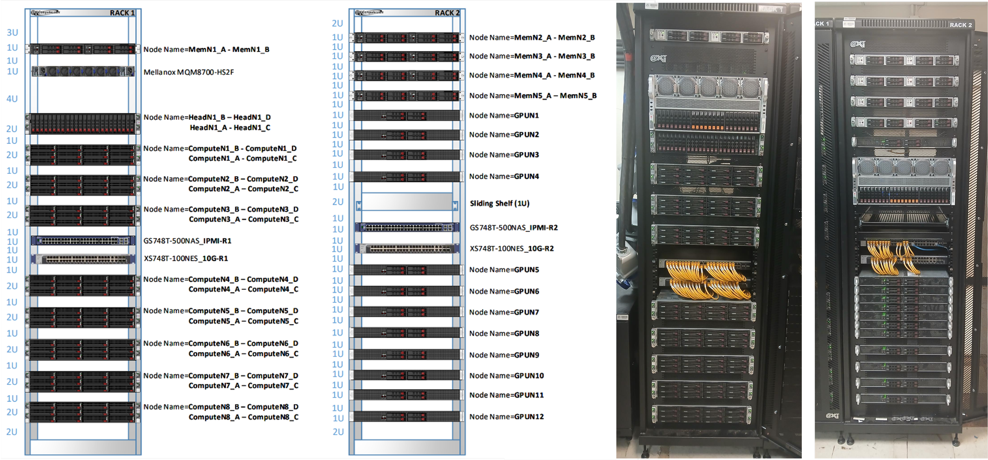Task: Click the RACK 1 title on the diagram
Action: point(122,13)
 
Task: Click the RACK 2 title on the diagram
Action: point(447,13)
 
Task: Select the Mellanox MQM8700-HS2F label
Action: point(189,72)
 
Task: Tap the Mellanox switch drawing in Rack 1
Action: point(83,72)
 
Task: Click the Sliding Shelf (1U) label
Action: point(500,204)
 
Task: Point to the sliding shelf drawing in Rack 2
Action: point(407,202)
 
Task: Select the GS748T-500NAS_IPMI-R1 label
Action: point(187,241)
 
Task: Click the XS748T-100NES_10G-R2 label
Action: point(511,249)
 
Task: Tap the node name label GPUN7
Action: point(504,312)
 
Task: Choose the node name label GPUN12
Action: point(506,417)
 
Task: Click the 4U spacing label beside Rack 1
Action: point(12,99)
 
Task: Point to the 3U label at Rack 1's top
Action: point(12,32)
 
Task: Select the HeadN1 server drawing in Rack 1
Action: point(83,124)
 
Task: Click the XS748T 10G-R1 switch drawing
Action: point(83,259)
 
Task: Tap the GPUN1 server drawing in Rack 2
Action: point(407,116)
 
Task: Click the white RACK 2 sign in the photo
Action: point(960,25)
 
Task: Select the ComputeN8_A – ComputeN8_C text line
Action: point(243,417)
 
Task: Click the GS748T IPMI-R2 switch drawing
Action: point(407,228)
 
